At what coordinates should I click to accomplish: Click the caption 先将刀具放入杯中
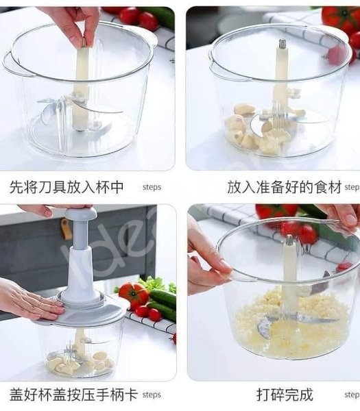pos(67,187)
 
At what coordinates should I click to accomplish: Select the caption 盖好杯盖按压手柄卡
pos(73,395)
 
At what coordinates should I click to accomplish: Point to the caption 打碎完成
pos(285,395)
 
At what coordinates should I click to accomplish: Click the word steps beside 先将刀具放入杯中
pos(152,187)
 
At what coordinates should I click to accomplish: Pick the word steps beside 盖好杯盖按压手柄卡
pos(152,395)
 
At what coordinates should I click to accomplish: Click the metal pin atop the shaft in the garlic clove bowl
pos(282,45)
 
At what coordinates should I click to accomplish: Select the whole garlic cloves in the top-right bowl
pos(257,130)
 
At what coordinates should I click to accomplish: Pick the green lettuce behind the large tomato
pos(152,282)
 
